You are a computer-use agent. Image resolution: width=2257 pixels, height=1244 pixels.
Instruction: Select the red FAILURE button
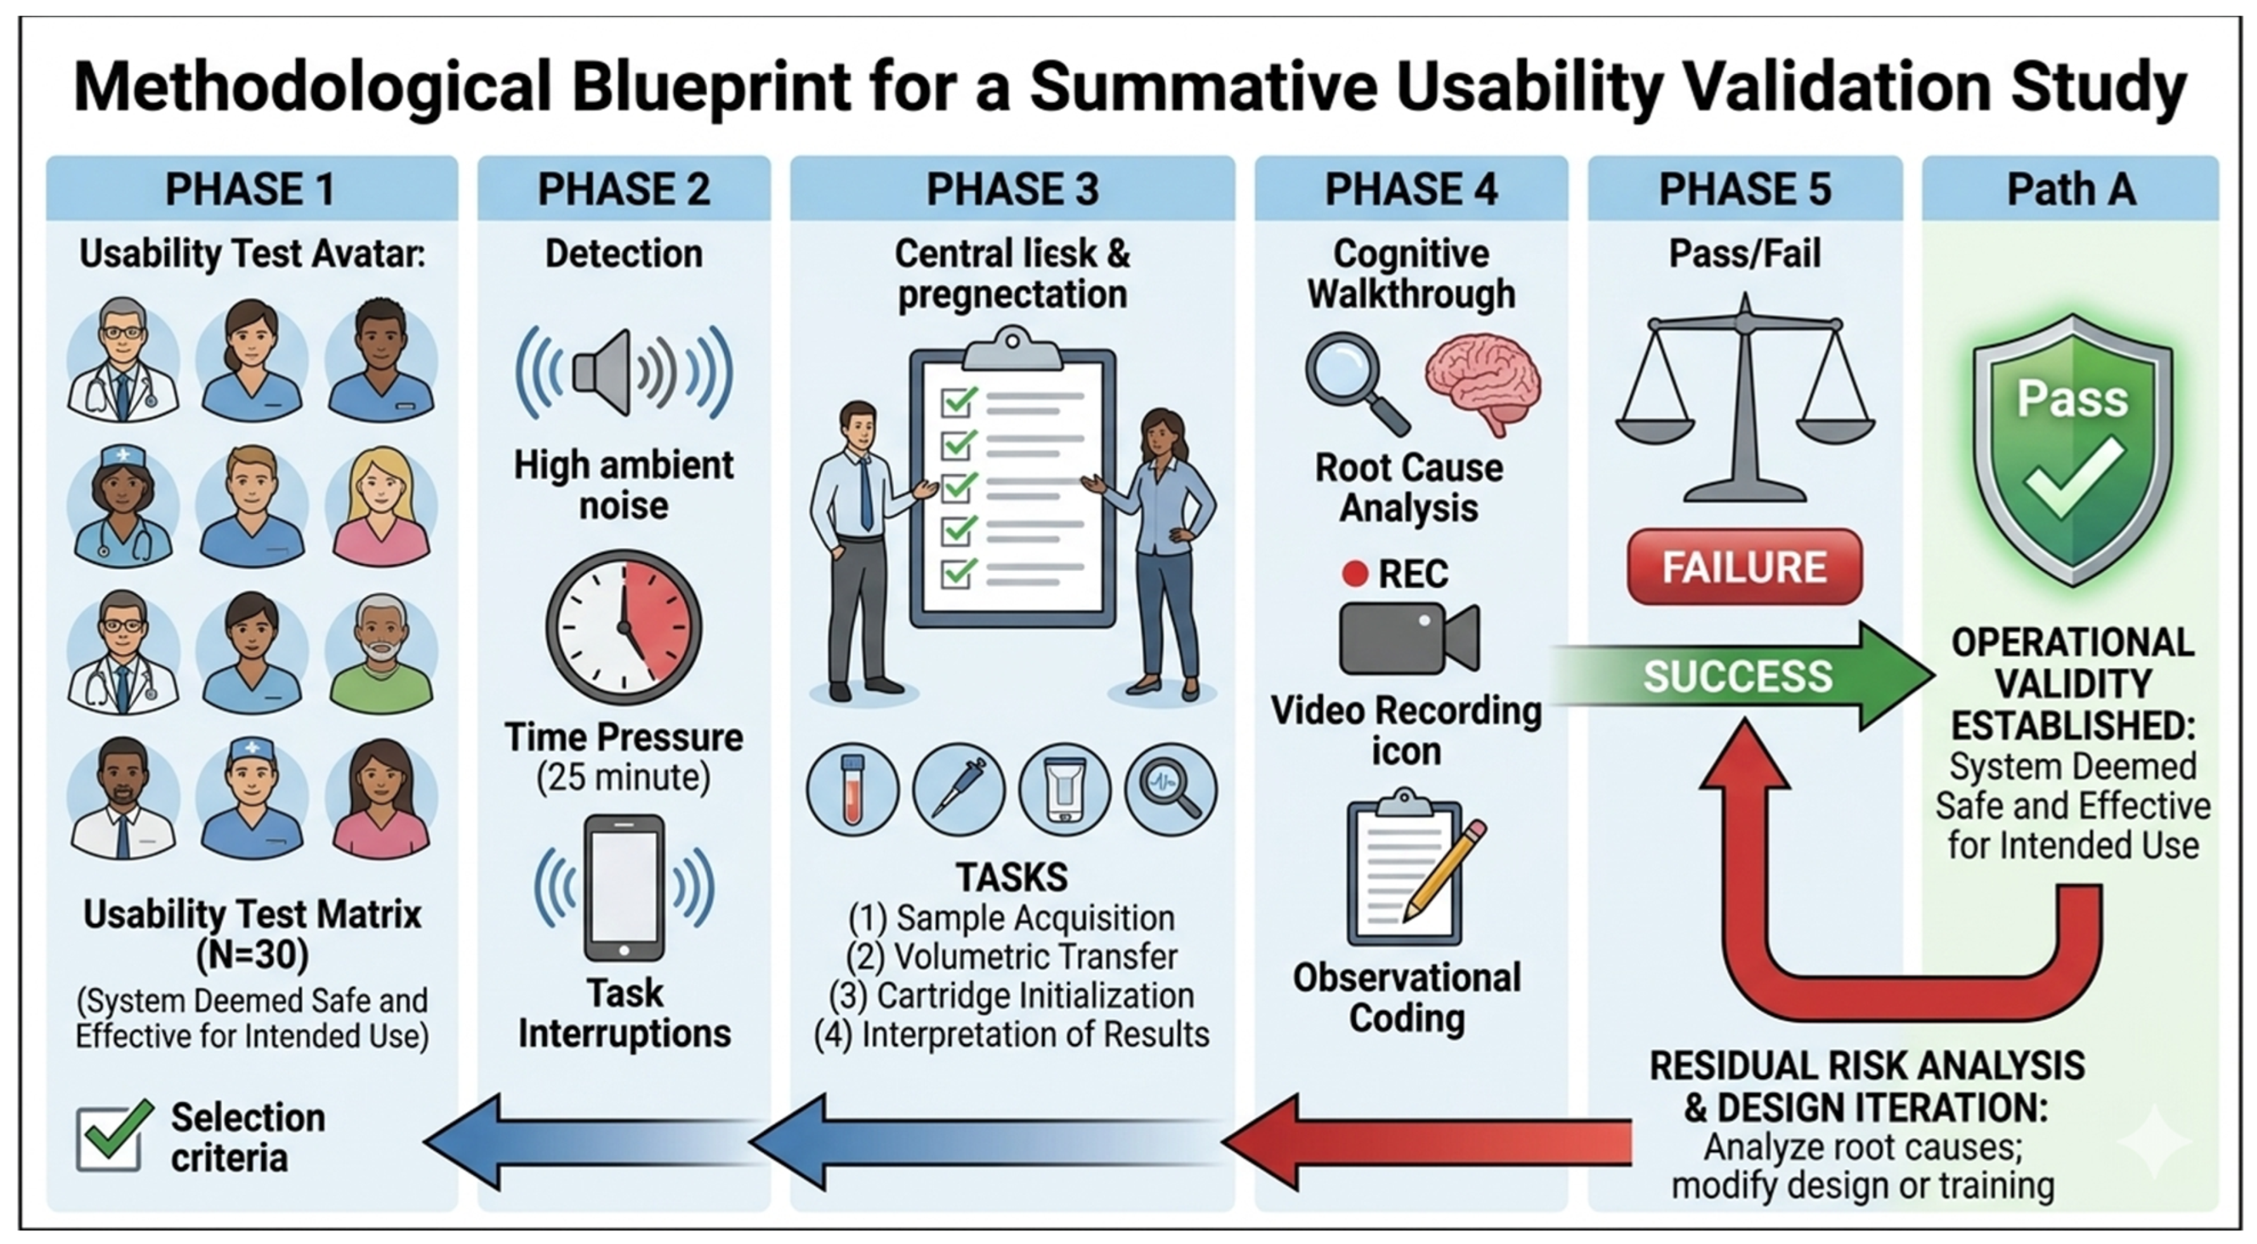1745,567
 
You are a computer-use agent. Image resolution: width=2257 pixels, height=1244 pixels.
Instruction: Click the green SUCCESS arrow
1743,676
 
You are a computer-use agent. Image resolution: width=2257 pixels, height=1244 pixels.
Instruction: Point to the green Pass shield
2072,449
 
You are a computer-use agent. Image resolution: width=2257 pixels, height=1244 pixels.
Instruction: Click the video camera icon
1409,638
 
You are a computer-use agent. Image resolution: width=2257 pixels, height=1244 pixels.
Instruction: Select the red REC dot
1355,574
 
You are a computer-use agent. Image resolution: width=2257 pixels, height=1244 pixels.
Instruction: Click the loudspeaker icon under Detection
624,373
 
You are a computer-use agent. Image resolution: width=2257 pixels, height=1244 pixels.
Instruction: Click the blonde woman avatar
381,506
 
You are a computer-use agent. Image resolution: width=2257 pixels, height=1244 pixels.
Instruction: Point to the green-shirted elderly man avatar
381,653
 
